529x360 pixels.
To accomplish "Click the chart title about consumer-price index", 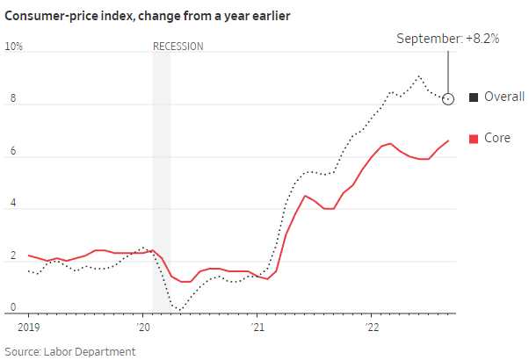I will (148, 16).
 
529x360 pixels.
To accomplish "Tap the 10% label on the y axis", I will (13, 46).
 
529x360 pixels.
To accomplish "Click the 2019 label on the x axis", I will (29, 325).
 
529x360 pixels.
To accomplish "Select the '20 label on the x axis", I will (145, 325).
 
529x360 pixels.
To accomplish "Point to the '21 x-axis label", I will (258, 325).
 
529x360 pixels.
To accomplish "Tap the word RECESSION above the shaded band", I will (178, 46).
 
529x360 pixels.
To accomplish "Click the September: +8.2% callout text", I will (449, 39).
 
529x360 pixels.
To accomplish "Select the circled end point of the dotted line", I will (448, 99).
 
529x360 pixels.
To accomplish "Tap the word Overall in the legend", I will (504, 97).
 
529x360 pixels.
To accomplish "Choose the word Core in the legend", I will (497, 138).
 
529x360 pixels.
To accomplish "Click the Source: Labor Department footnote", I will (70, 351).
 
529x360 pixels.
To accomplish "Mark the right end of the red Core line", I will (448, 140).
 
